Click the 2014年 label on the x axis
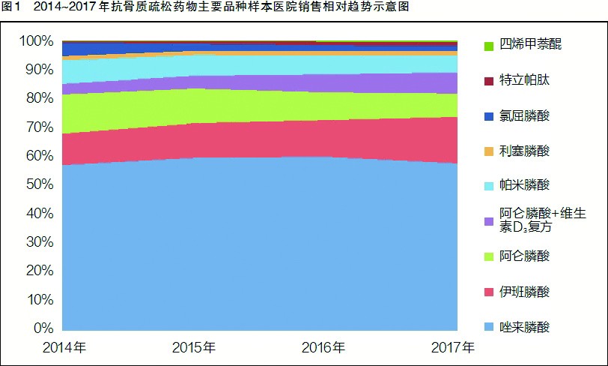click(x=64, y=348)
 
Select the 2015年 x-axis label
click(x=194, y=348)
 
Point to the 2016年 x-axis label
click(x=323, y=348)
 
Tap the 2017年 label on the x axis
click(x=453, y=348)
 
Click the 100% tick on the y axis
click(x=36, y=40)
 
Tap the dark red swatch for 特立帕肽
click(x=489, y=82)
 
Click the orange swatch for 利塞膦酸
click(x=489, y=151)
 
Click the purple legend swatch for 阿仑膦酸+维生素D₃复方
click(x=489, y=221)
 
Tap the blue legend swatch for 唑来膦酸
click(x=489, y=327)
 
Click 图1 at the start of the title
click(x=13, y=7)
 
